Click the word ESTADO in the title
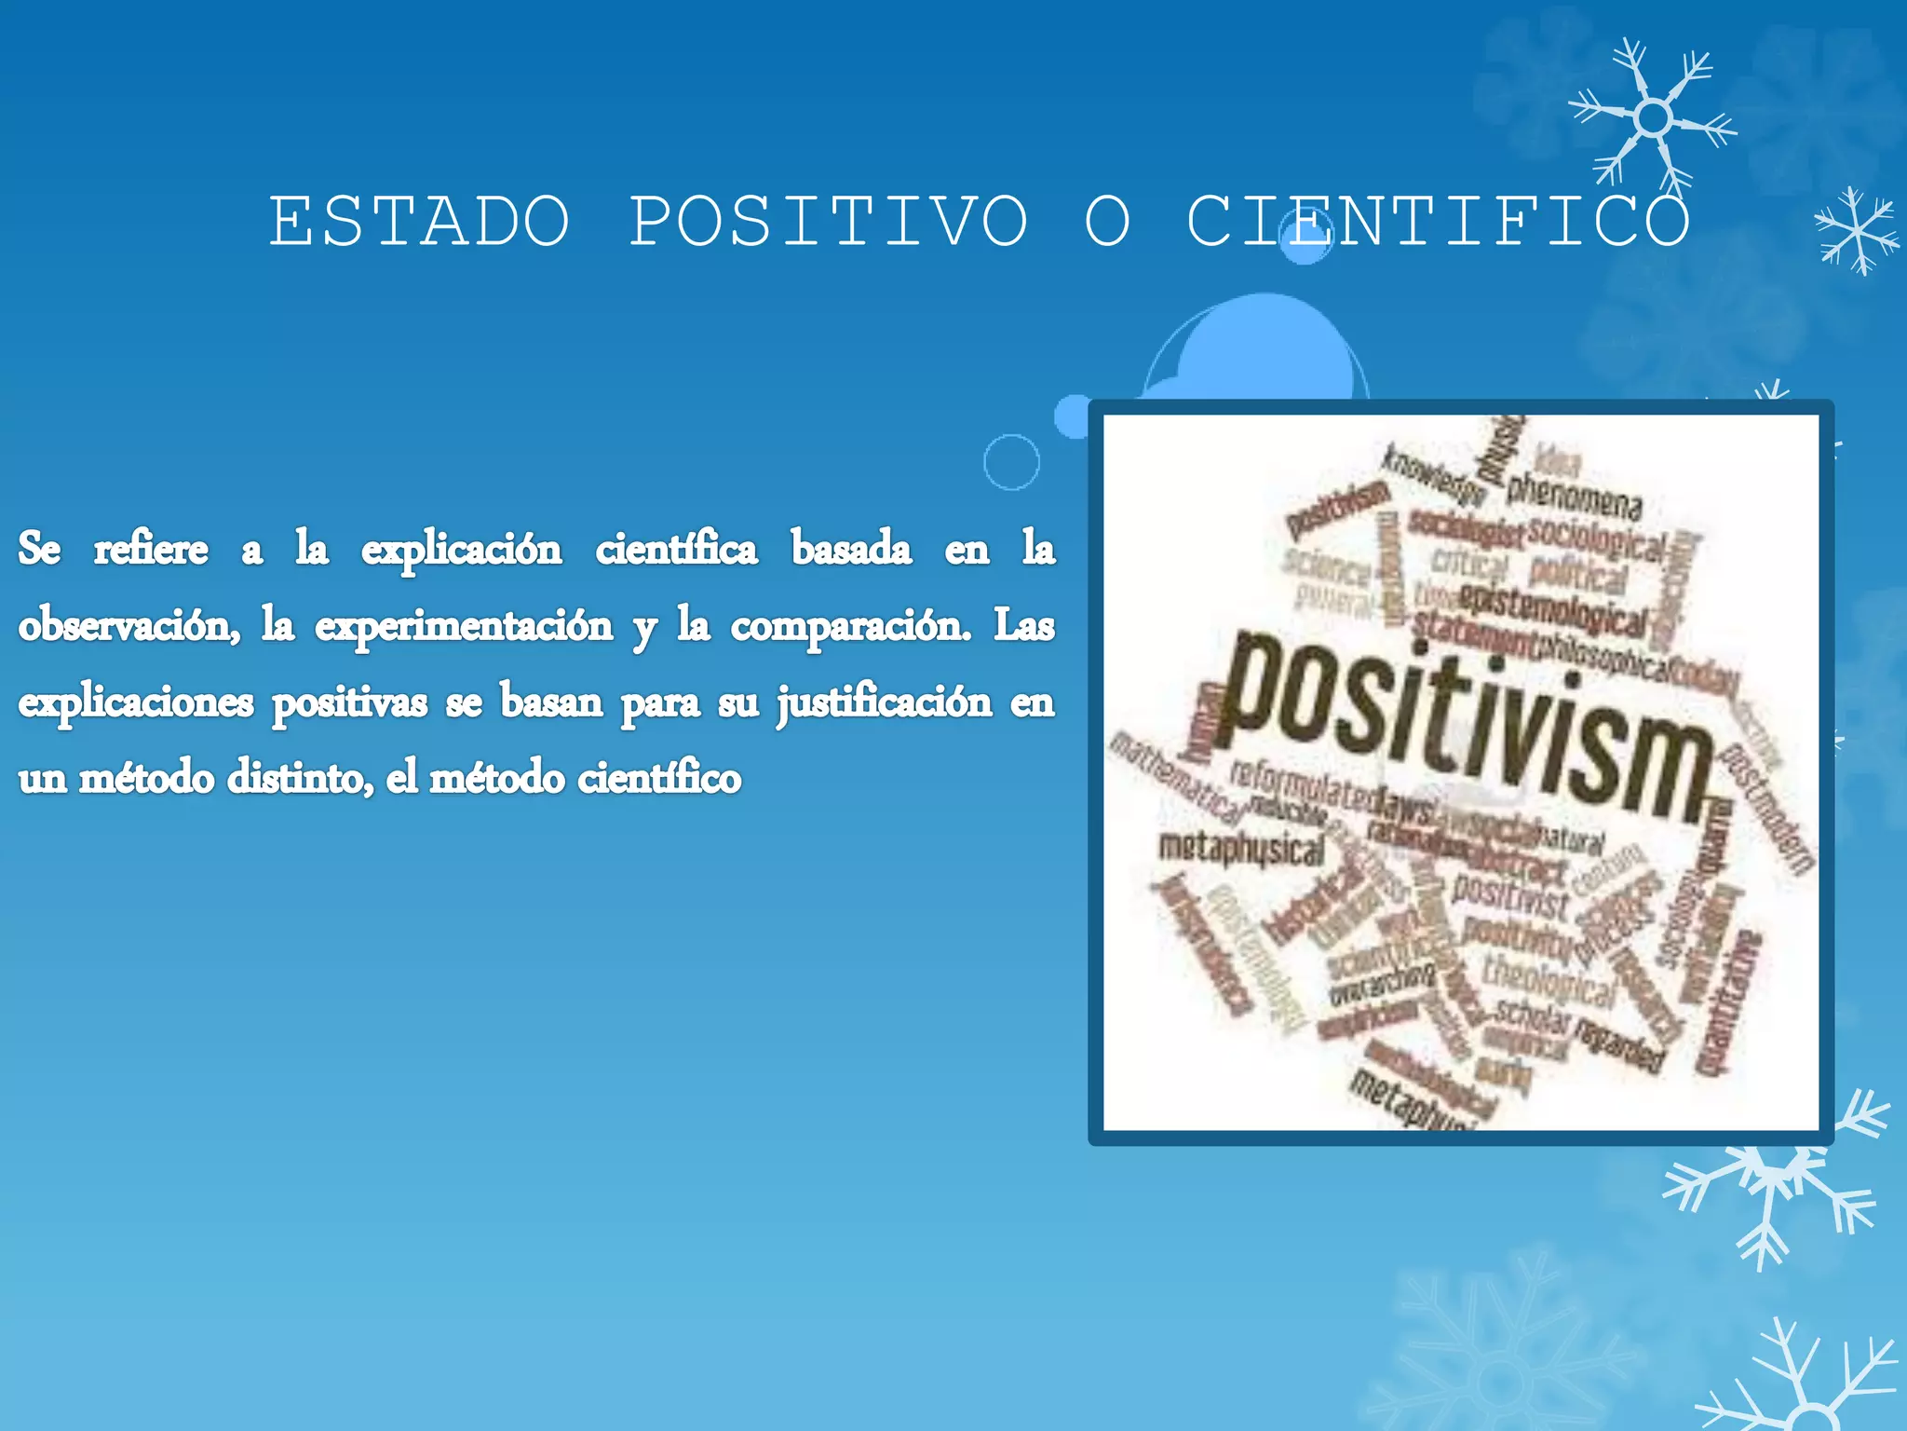pyautogui.click(x=419, y=222)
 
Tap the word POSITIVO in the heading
pyautogui.click(x=829, y=222)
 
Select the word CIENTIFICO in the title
pyautogui.click(x=1439, y=222)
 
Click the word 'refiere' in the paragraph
pyautogui.click(x=151, y=548)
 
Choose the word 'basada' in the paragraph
pyautogui.click(x=851, y=548)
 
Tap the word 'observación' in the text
pyautogui.click(x=128, y=624)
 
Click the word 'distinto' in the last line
pyautogui.click(x=300, y=778)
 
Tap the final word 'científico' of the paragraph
pyautogui.click(x=659, y=778)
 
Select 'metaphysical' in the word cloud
pyautogui.click(x=1240, y=848)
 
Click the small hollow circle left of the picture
pyautogui.click(x=1011, y=461)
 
